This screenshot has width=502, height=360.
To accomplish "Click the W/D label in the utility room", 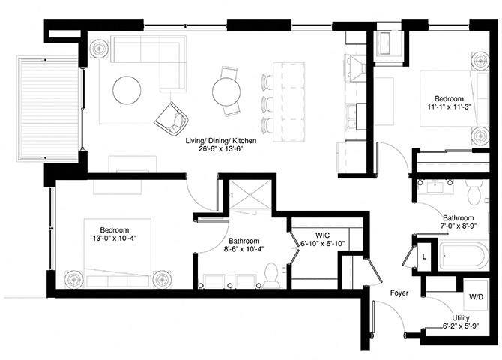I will [476, 296].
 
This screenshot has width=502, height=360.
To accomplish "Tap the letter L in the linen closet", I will [424, 256].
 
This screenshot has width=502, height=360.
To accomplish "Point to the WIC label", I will [322, 235].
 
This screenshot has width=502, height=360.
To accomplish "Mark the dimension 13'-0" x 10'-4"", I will [115, 238].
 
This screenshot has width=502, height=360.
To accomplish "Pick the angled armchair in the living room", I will [172, 117].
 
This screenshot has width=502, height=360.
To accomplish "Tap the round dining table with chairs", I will [226, 91].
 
